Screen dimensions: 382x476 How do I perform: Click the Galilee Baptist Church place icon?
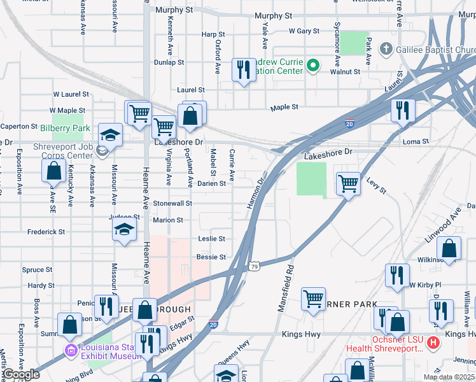tap(386, 49)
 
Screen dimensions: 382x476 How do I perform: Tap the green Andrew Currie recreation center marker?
tap(313, 65)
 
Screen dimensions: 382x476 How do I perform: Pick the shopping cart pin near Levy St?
tap(348, 184)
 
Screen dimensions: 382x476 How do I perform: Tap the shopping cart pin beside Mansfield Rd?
tap(313, 299)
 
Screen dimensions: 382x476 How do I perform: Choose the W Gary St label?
tap(304, 31)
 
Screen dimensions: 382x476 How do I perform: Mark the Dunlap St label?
tap(169, 62)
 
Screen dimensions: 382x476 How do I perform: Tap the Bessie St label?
tap(211, 257)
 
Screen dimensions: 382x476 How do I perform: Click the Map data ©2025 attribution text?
tap(449, 377)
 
